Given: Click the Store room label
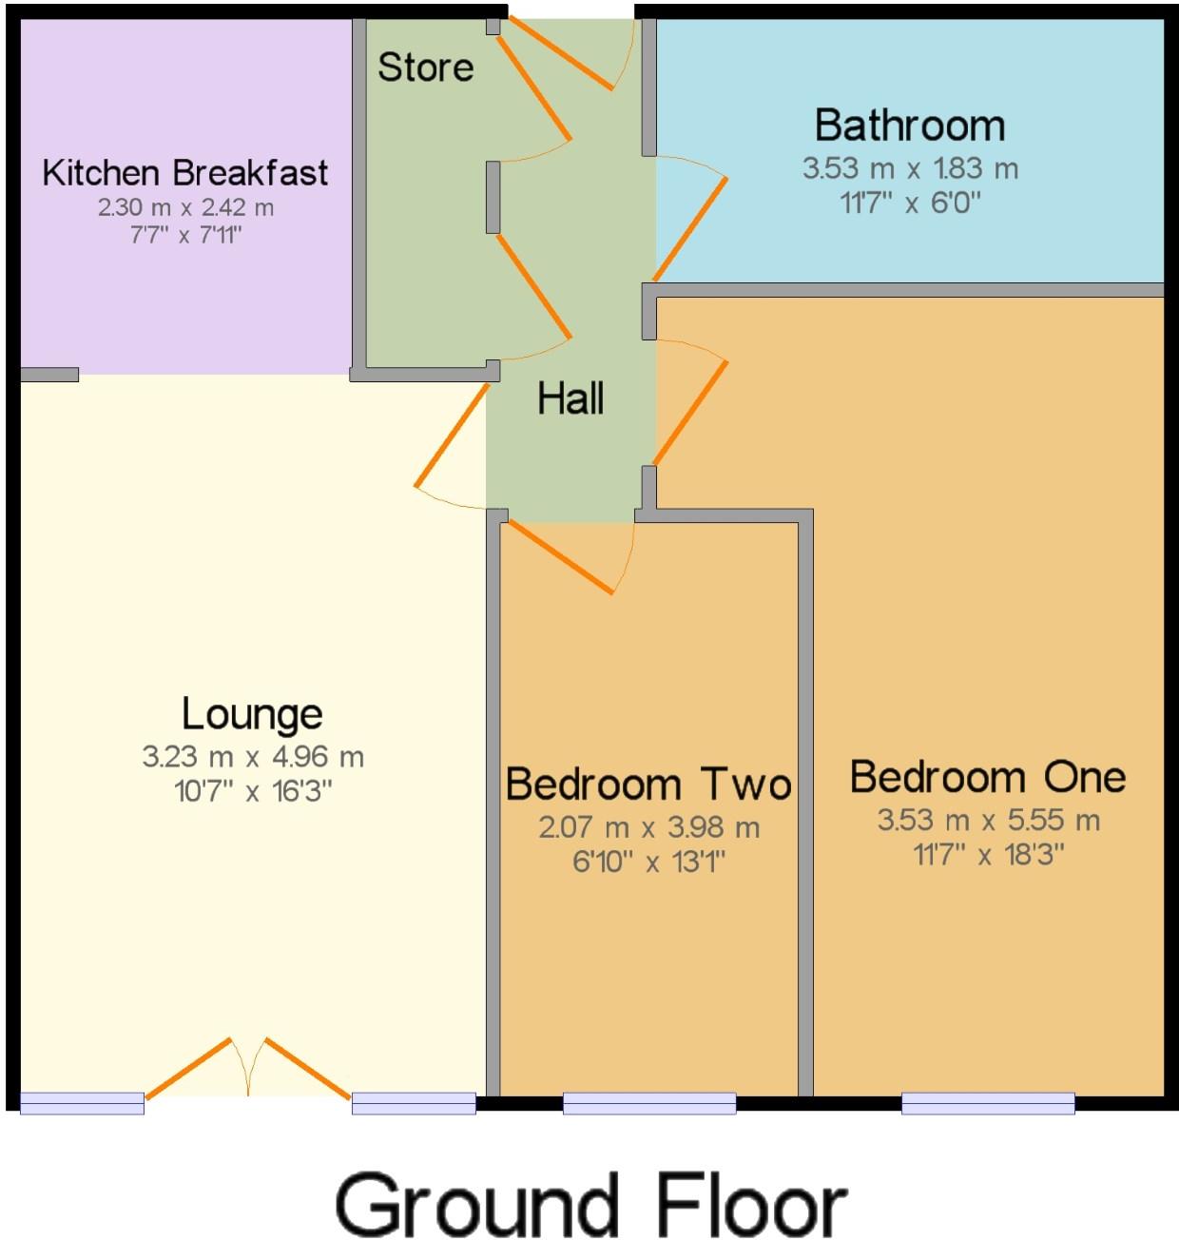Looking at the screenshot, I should pos(425,68).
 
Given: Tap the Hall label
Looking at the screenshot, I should pos(570,398).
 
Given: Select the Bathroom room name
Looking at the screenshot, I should pos(910,126).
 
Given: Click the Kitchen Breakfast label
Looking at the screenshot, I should pos(185,173).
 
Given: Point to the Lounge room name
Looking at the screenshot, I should pos(252,714).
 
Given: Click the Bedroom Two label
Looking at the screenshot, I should pos(648,785).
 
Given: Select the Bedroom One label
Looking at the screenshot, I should pos(988,777).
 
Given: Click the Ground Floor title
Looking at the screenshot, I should pos(590,1205).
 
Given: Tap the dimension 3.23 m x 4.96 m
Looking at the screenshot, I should pos(253,757).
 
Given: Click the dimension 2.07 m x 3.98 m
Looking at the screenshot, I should pos(649,827).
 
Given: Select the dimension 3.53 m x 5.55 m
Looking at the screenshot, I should pos(988,820).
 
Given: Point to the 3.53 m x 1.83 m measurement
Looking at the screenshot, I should pos(910,168).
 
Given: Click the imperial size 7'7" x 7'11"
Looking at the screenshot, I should pos(186,234).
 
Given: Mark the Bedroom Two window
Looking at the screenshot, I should pos(649,1103).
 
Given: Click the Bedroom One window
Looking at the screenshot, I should pos(988,1103).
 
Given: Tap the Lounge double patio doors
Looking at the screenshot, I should pos(248,1070).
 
